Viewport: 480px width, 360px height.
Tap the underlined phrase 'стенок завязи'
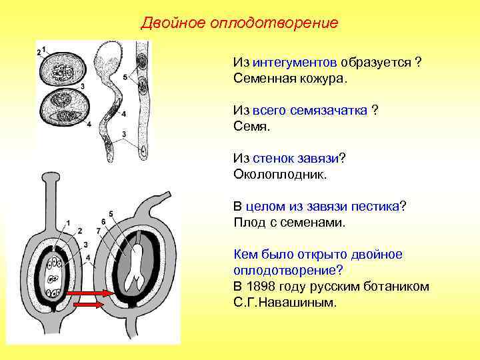[x=296, y=158]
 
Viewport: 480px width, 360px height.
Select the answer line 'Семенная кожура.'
[x=291, y=78]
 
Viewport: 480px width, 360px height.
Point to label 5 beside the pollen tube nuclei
[x=125, y=78]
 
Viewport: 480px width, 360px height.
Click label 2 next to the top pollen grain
[x=39, y=52]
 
